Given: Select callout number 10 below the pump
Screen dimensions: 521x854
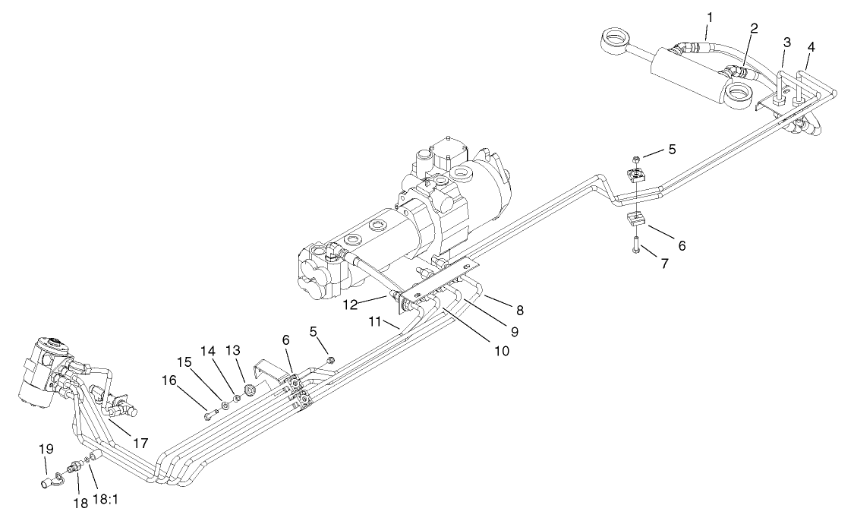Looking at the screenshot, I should point(500,352).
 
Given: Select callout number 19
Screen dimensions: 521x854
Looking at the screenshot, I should point(44,450).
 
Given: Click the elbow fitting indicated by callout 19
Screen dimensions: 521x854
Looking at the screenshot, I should point(48,480).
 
